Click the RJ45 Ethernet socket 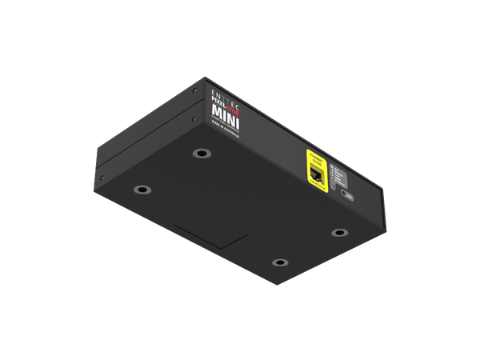pos(315,174)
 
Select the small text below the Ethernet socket pos(318,186)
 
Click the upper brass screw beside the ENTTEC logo pos(194,91)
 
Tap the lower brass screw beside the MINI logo pos(194,120)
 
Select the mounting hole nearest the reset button pos(340,233)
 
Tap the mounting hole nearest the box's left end pos(142,190)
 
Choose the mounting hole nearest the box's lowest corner pos(278,262)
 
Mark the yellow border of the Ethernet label pos(304,168)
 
